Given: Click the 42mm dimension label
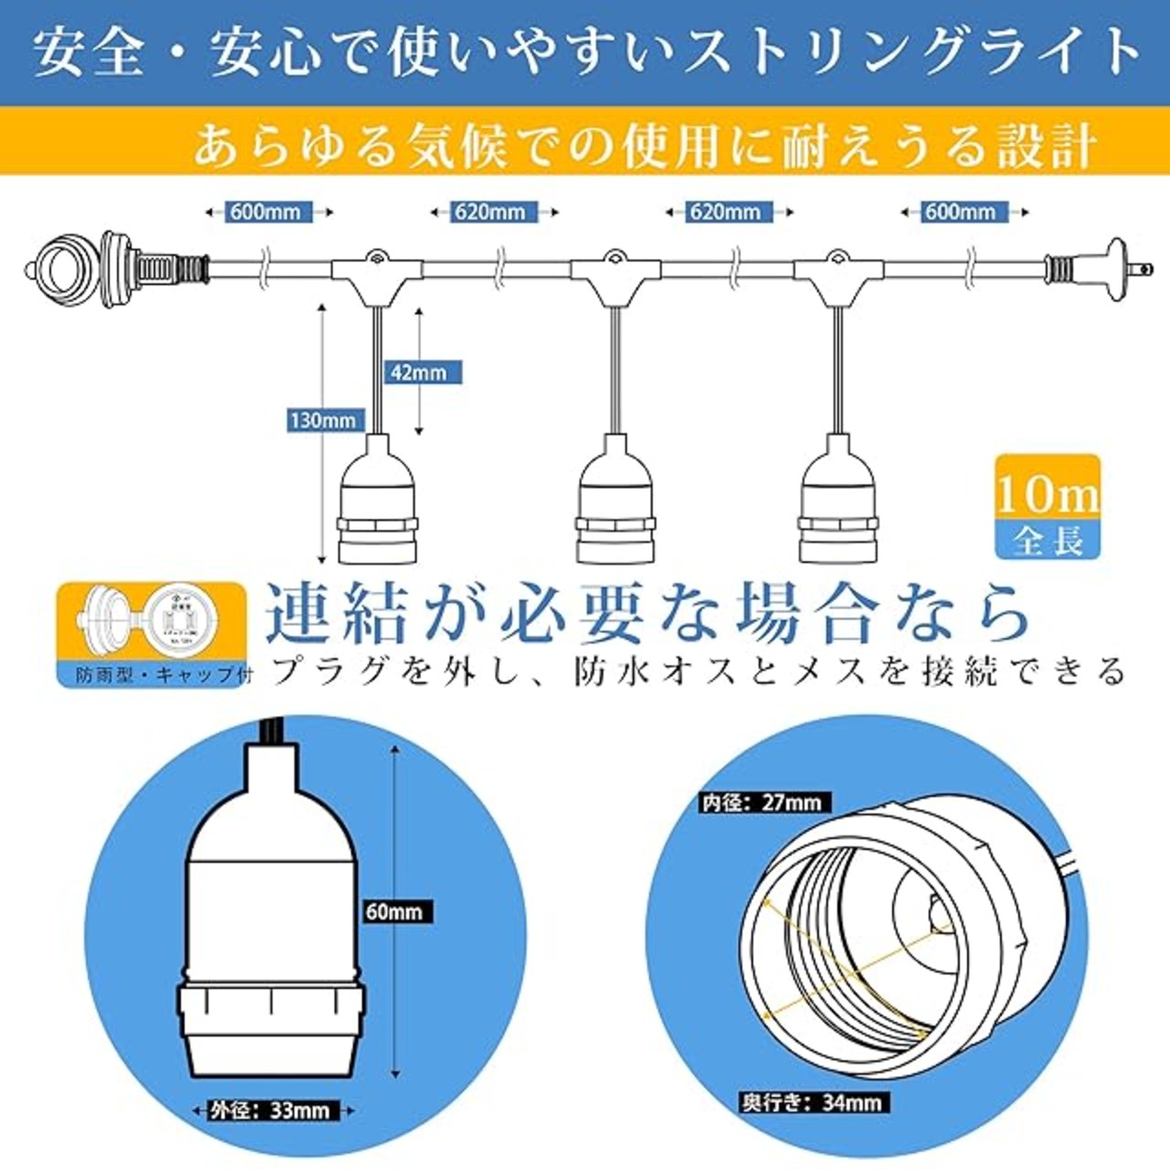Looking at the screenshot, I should click(x=418, y=372).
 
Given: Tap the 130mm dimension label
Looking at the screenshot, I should click(x=323, y=420).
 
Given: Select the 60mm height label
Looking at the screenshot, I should click(x=394, y=911).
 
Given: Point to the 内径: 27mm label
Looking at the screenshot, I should click(x=761, y=803).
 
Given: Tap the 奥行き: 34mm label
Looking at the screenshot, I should click(x=812, y=1102).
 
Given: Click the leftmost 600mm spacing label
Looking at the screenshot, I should click(x=265, y=212).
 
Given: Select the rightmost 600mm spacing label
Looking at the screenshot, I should click(x=960, y=212).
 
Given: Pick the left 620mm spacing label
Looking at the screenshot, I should click(x=490, y=212).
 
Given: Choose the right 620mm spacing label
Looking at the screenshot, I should click(x=725, y=212).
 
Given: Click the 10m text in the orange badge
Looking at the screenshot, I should click(x=1048, y=495).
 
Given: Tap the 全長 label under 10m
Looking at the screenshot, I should click(x=1048, y=541).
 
